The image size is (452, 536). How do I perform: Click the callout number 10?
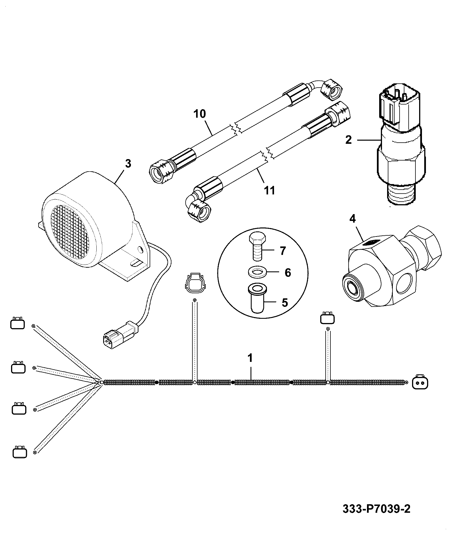point(200,114)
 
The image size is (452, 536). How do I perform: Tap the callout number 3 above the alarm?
point(128,164)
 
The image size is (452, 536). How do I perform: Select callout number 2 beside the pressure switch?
point(348,140)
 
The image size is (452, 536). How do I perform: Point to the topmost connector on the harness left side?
point(17,323)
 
